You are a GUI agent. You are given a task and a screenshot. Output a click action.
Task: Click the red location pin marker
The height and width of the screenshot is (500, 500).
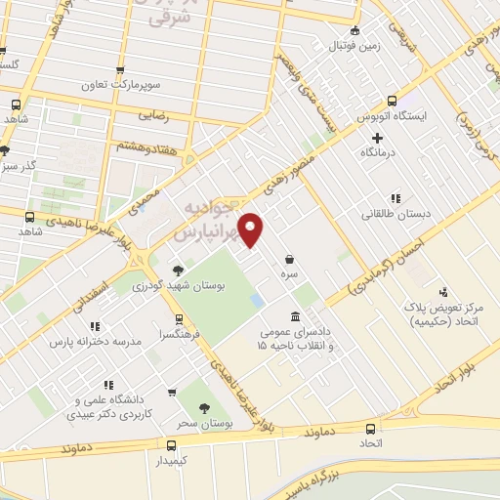[252, 230]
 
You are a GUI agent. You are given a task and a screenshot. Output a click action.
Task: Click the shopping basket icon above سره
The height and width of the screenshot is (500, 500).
[290, 260]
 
